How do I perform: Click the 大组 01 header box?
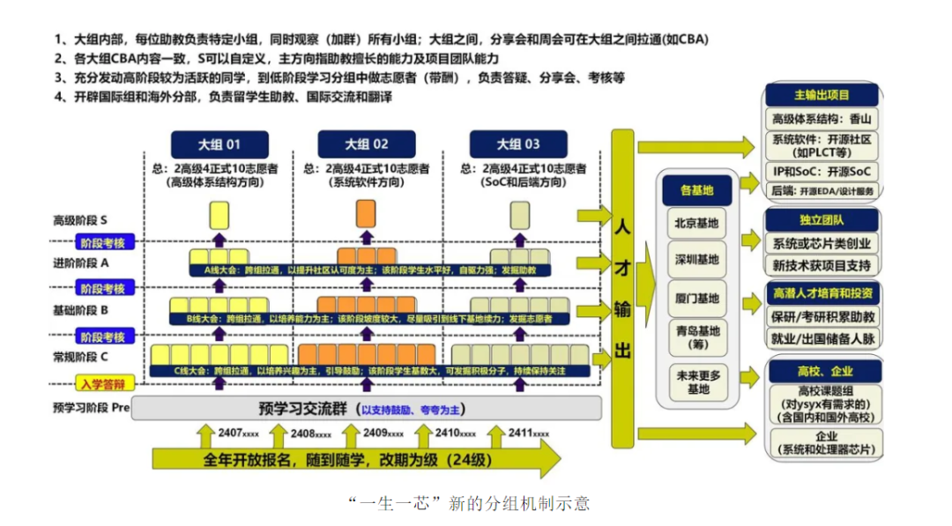tap(219, 144)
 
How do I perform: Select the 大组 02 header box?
tap(366, 144)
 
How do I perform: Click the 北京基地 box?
tap(696, 223)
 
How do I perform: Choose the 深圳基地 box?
tap(696, 259)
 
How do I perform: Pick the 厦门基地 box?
tap(696, 297)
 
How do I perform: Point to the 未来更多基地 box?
tap(696, 382)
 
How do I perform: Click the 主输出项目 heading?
tap(821, 94)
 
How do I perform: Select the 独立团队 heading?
tap(821, 219)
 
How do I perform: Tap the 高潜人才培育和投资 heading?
tap(822, 293)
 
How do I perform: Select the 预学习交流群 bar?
tap(367, 409)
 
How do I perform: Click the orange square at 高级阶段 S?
tap(365, 215)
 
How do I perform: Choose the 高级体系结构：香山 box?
tap(822, 119)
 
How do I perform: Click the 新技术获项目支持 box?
tap(822, 264)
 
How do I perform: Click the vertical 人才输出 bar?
tap(622, 288)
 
